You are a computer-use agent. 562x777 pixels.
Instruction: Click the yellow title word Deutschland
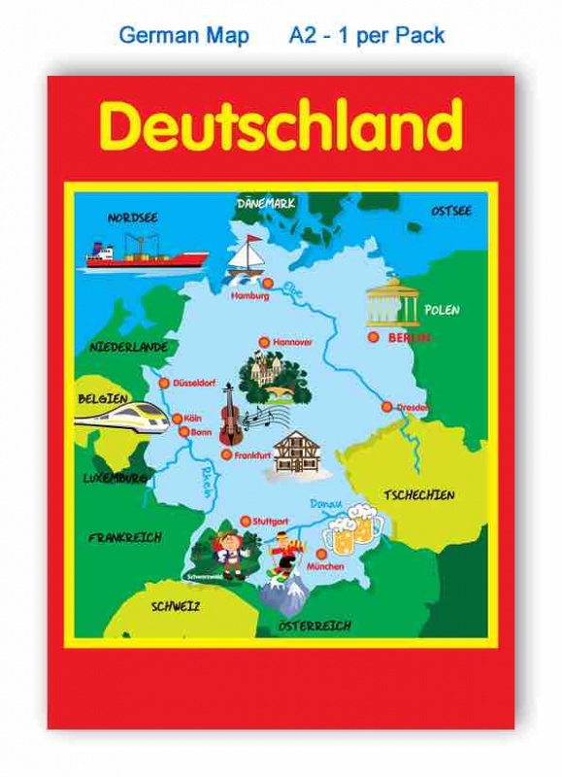tap(281, 126)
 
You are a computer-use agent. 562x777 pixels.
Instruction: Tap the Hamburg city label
tap(249, 296)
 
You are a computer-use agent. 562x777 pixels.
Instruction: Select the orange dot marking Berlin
tap(373, 336)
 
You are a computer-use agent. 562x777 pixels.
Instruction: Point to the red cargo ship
tap(147, 254)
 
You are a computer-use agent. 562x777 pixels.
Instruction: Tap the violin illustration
tap(230, 414)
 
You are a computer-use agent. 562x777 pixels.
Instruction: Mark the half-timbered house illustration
tap(297, 453)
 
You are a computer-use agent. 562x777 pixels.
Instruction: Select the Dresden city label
tap(413, 408)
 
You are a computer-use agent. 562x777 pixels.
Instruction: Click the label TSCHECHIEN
tap(418, 494)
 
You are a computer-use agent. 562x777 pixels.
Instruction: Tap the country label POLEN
tap(442, 310)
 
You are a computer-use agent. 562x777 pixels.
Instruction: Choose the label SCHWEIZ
tap(176, 606)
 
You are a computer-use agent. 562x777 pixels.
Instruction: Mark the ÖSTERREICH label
tap(314, 626)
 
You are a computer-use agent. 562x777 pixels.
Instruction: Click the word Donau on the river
tap(326, 504)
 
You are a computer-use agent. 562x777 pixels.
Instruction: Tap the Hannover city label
tap(292, 342)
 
